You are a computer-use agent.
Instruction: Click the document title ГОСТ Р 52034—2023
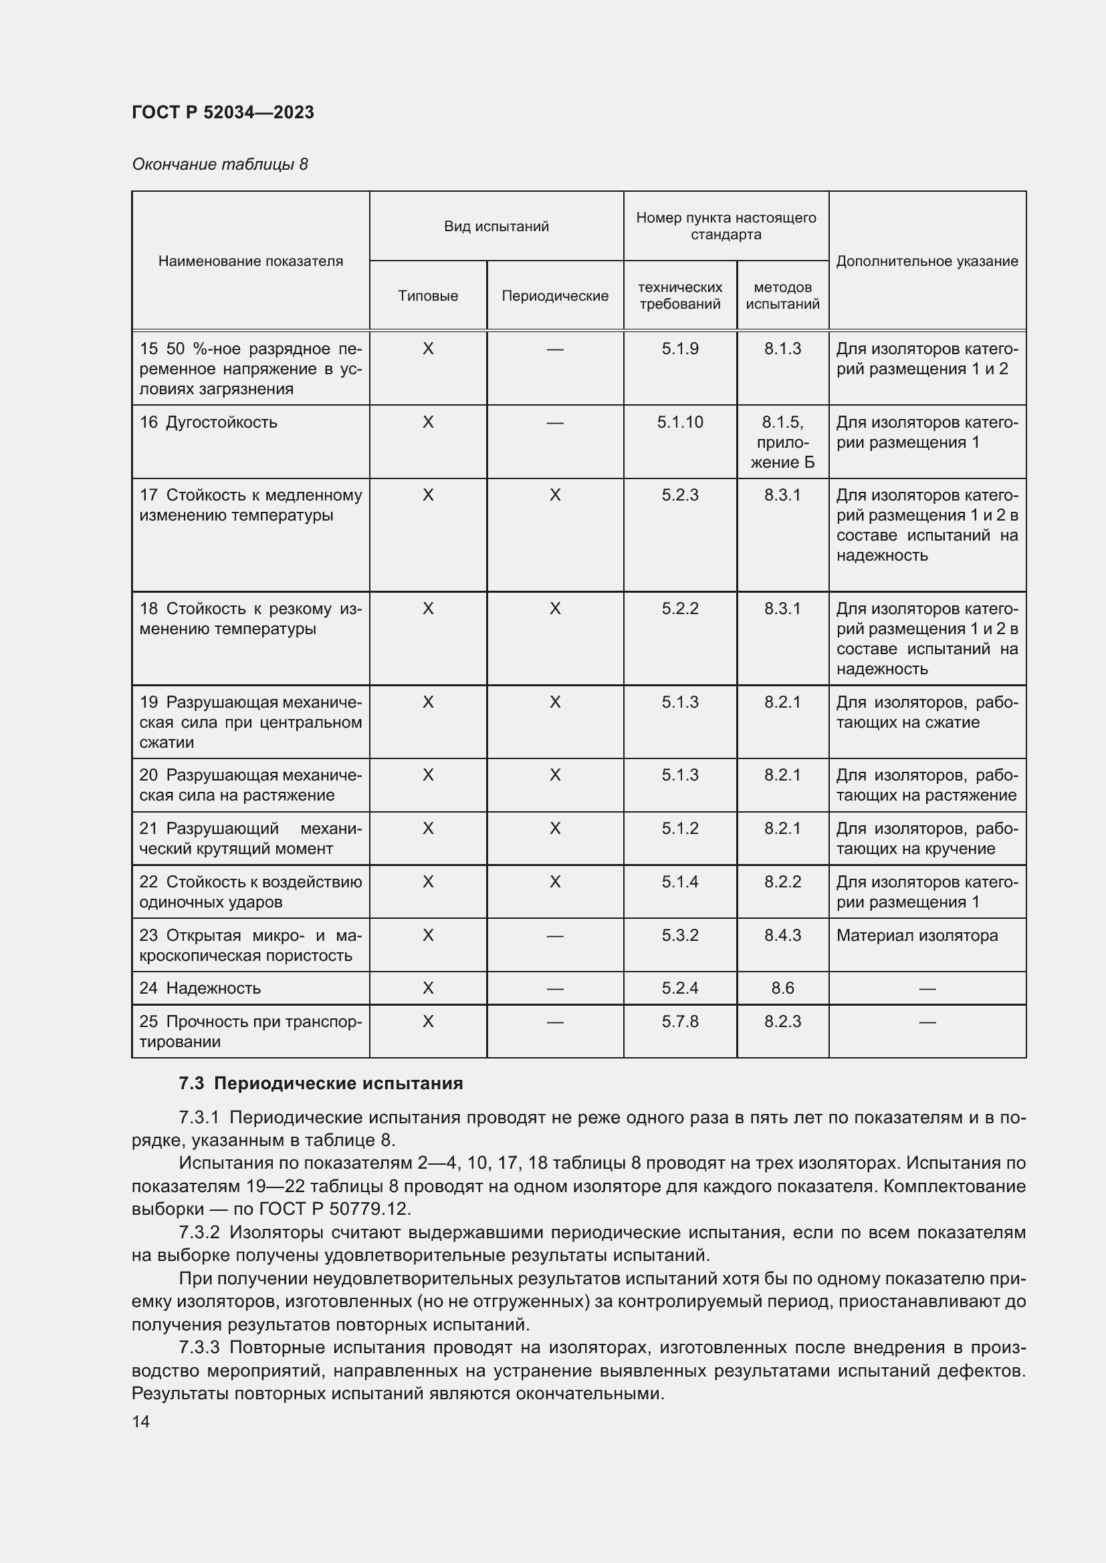pyautogui.click(x=223, y=112)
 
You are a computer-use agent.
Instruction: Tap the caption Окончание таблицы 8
pyautogui.click(x=219, y=164)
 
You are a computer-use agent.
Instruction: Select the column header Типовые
pyautogui.click(x=428, y=295)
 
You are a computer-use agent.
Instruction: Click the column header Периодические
pyautogui.click(x=554, y=295)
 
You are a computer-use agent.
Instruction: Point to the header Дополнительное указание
pyautogui.click(x=926, y=261)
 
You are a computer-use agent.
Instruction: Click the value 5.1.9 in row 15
pyautogui.click(x=679, y=349)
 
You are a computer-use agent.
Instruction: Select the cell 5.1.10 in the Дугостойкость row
pyautogui.click(x=679, y=422)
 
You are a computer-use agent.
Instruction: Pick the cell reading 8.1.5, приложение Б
pyautogui.click(x=782, y=442)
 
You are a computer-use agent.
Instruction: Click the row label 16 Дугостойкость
pyautogui.click(x=209, y=422)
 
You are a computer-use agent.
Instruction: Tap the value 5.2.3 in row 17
pyautogui.click(x=679, y=495)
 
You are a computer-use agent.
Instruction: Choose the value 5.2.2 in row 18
pyautogui.click(x=679, y=608)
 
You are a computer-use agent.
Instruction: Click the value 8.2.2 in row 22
pyautogui.click(x=782, y=881)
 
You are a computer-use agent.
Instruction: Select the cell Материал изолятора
pyautogui.click(x=917, y=935)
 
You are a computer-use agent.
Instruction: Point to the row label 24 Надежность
pyautogui.click(x=199, y=988)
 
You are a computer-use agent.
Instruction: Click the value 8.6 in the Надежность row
pyautogui.click(x=782, y=988)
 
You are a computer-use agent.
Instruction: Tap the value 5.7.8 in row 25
pyautogui.click(x=679, y=1021)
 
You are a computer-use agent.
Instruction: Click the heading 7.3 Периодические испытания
pyautogui.click(x=321, y=1083)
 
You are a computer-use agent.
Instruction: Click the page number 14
pyautogui.click(x=141, y=1421)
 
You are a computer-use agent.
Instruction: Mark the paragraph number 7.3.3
pyautogui.click(x=201, y=1347)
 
